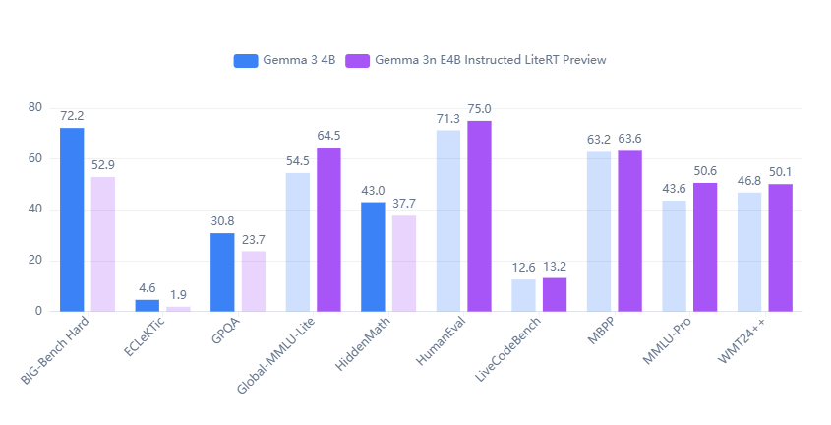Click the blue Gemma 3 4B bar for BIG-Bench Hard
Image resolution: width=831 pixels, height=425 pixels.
(72, 219)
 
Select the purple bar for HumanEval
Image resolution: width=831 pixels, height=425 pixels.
(479, 216)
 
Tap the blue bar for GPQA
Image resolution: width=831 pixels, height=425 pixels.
(222, 273)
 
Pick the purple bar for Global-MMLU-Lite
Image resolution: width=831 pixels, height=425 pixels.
(328, 229)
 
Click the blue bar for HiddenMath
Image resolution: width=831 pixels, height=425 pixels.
(373, 257)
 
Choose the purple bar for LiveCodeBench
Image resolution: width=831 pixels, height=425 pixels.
(555, 294)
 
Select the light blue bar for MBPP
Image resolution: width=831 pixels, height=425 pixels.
(599, 231)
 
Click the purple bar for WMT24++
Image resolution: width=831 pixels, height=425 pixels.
(781, 248)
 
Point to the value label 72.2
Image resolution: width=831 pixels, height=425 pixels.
(72, 116)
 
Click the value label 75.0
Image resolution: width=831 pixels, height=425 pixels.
(479, 109)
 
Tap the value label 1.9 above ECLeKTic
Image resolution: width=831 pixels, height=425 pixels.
(178, 295)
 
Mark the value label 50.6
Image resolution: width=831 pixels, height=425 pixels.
(705, 171)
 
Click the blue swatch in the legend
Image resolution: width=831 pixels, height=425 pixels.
(246, 60)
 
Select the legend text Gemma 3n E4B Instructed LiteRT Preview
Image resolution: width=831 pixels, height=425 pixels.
(490, 60)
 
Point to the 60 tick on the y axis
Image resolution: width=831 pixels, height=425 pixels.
(35, 158)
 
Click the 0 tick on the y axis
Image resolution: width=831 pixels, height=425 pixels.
(38, 311)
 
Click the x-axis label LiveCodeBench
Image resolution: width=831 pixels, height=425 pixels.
(507, 349)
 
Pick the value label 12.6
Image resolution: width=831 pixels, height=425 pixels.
(523, 268)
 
